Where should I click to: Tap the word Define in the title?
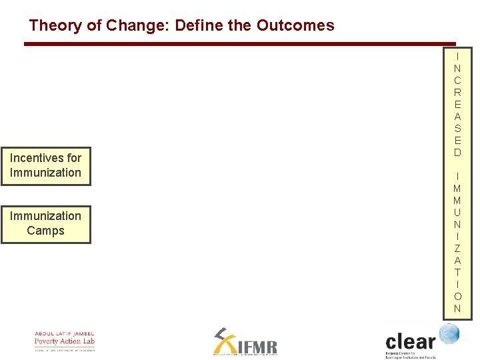tap(199, 26)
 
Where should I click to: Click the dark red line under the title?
tap(240, 44)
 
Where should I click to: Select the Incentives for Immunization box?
tap(45, 165)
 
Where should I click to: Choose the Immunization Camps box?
tap(45, 223)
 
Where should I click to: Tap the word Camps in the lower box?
tap(45, 231)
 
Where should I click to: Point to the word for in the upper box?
tap(74, 158)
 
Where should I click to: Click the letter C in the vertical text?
tap(457, 81)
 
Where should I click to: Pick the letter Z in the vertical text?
tap(457, 248)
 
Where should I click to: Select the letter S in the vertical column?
tap(457, 129)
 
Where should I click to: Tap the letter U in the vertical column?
tap(457, 212)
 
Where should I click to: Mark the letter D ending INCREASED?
tap(457, 153)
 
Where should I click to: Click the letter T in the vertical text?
tap(457, 272)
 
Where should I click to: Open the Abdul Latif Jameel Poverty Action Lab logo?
tap(65, 341)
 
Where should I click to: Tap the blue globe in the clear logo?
tap(449, 333)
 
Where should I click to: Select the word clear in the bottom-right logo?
tap(410, 341)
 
